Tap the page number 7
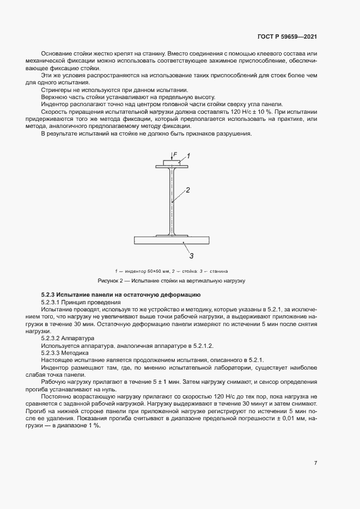point(316,463)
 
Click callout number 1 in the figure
point(188,156)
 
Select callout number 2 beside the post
point(187,191)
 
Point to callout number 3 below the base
point(191,255)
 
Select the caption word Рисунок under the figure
point(109,281)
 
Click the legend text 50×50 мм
point(153,271)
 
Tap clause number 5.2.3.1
point(54,302)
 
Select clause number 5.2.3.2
point(54,338)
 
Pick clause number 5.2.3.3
point(54,352)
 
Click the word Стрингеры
point(57,89)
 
